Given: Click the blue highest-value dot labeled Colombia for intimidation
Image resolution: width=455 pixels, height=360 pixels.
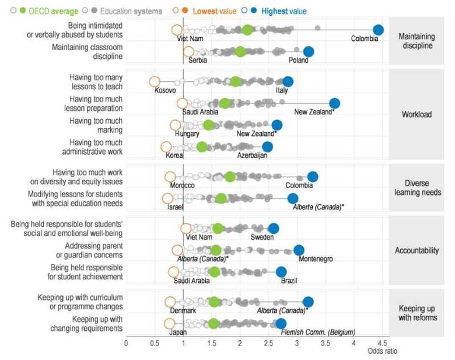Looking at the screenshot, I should tap(378, 30).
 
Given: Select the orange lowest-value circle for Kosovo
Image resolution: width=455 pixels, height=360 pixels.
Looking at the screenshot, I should tap(155, 82).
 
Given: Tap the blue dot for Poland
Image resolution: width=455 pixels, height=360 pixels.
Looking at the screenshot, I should tap(309, 52).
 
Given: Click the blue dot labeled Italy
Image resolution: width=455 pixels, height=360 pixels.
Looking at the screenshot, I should tap(288, 82).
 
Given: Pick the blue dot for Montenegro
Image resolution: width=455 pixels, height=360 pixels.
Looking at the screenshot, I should tap(299, 250).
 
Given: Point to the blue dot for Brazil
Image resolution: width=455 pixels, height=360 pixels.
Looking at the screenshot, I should tap(281, 271).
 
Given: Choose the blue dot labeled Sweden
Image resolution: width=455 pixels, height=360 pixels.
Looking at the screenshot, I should tap(273, 228).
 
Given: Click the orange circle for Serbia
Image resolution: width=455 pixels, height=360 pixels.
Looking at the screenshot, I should tap(188, 52).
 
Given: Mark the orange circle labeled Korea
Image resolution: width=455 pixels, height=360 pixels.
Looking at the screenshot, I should tap(166, 146).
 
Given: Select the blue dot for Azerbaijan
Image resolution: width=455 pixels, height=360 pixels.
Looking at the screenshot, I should tap(267, 146).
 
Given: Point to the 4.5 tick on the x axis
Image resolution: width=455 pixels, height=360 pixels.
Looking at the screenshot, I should tap(382, 343).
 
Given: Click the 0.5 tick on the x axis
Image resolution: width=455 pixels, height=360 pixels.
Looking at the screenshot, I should tap(155, 343).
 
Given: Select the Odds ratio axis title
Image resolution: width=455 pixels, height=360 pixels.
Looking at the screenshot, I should tap(382, 351).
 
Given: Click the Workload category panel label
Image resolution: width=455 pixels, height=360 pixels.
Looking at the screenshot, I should tap(417, 114).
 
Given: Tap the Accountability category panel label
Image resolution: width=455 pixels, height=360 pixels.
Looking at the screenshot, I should tap(417, 250).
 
